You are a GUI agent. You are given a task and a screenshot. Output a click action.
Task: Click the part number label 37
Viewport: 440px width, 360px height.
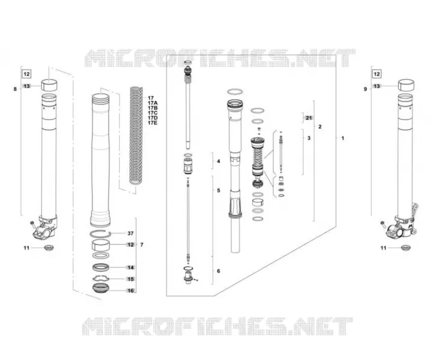131,233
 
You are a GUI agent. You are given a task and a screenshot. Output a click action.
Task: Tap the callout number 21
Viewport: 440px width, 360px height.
309,118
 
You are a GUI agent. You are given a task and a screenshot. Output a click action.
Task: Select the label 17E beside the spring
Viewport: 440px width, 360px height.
153,123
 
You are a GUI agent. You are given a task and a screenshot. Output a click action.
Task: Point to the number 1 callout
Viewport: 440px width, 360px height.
342,138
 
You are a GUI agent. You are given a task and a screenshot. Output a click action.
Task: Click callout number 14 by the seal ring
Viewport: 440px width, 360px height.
131,268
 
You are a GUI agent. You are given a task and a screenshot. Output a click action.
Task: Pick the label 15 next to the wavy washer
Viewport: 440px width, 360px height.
131,279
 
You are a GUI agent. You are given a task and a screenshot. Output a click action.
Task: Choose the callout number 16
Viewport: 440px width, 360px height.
131,290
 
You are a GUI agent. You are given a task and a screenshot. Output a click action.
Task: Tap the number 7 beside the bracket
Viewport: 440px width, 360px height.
141,245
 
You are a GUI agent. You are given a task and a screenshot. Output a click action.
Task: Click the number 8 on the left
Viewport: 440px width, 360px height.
15,89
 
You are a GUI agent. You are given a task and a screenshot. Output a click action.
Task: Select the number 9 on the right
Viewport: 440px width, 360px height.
365,89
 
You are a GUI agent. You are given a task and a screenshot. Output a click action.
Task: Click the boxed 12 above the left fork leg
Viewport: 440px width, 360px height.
26,74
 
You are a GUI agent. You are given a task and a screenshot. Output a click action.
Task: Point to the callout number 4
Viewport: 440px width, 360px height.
219,161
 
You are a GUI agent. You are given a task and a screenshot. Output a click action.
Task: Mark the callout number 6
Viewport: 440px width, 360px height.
219,271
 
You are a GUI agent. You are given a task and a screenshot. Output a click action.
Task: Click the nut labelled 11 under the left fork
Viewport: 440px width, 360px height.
49,248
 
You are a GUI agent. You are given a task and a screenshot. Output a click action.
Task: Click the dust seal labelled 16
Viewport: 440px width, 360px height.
101,288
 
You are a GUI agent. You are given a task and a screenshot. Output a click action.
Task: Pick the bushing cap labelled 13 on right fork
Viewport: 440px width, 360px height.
406,85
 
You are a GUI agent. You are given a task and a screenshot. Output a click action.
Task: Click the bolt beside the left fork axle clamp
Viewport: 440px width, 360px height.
32,224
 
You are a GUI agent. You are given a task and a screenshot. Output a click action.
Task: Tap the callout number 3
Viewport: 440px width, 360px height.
309,138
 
